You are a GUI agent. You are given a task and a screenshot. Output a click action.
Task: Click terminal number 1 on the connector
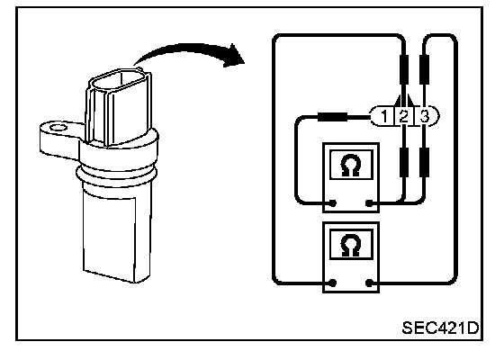point(384,116)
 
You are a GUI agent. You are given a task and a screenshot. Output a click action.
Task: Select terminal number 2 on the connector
point(404,116)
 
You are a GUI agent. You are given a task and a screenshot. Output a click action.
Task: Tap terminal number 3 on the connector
point(425,116)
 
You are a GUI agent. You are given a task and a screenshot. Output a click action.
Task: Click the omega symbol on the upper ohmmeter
point(351,166)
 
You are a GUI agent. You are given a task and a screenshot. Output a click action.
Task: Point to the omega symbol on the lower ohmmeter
point(351,246)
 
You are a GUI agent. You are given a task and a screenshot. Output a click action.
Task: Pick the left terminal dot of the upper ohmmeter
point(333,203)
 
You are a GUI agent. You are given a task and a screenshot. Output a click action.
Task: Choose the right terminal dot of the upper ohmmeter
point(370,203)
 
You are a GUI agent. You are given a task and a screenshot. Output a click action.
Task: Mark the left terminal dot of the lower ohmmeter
point(333,283)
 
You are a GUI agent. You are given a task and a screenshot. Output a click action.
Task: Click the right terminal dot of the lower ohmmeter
point(370,283)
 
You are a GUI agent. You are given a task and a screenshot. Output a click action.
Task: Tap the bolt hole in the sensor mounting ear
point(58,128)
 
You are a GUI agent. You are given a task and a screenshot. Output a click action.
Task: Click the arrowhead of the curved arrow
point(234,55)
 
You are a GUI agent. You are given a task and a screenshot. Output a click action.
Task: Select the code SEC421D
point(440,328)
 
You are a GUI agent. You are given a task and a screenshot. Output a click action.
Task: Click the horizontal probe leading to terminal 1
point(332,117)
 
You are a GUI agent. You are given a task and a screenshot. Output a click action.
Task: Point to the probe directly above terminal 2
point(404,69)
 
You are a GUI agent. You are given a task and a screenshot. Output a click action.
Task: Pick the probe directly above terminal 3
point(424,69)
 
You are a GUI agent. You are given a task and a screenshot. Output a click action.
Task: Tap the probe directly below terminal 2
point(404,162)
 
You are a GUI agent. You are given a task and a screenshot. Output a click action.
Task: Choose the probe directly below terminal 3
point(424,162)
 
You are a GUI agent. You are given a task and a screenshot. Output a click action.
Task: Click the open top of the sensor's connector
point(119,81)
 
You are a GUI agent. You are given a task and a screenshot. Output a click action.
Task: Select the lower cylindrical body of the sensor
point(116,231)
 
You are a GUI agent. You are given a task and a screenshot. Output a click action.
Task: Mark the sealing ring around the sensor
point(117,175)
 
